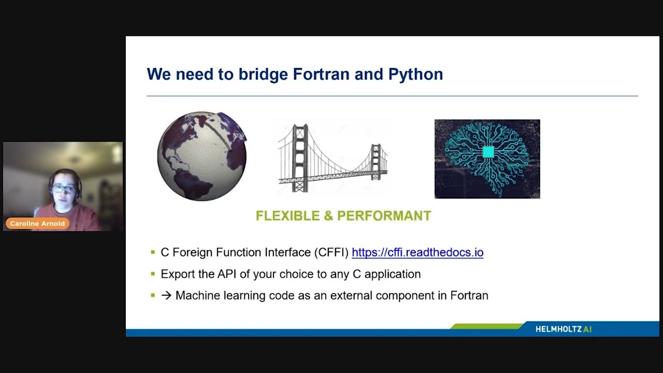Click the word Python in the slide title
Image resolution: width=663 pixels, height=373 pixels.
point(415,74)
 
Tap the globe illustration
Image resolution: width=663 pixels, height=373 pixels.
point(202,156)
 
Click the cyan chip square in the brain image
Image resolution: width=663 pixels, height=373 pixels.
point(488,151)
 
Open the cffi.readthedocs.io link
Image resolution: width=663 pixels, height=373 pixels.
point(417,252)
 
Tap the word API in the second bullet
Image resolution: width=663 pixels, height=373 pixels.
point(226,274)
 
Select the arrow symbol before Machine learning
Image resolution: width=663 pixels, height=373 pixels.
point(166,295)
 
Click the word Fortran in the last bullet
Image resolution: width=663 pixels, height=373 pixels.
point(469,295)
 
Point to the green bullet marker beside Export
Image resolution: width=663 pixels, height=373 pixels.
point(153,274)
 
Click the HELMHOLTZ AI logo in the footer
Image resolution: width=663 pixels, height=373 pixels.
point(563,329)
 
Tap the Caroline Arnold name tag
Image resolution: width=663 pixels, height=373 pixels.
point(37,224)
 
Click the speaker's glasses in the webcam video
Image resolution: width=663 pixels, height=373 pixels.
point(63,189)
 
